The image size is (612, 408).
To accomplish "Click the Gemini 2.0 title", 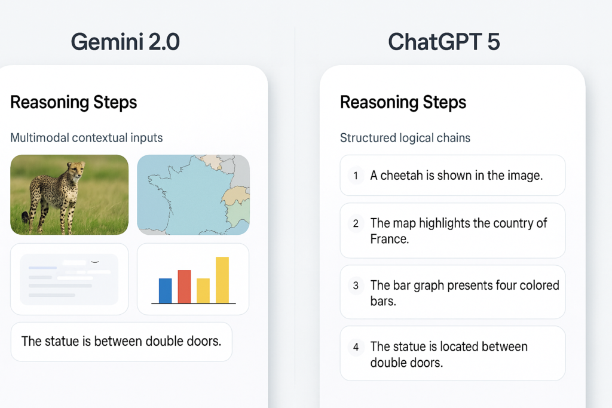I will (125, 41).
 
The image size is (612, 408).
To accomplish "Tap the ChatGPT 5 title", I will (443, 41).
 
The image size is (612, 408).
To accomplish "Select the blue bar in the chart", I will (165, 290).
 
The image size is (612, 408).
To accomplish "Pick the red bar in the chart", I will (184, 287).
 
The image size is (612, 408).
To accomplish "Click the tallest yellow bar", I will (222, 280).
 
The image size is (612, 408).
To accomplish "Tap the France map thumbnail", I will (193, 195).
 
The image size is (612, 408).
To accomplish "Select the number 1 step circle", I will (356, 176).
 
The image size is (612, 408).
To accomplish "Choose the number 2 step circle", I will (356, 223).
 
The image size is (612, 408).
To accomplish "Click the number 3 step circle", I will (356, 286).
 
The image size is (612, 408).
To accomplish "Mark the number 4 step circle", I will (356, 346).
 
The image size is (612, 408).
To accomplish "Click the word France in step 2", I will (390, 239).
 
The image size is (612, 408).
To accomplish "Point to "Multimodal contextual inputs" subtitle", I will (87, 138).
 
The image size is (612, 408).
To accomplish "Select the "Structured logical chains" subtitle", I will (405, 138).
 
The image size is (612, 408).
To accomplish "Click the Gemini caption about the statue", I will (121, 342).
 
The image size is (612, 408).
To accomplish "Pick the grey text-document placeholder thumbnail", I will (69, 279).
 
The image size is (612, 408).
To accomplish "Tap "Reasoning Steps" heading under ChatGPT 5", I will (403, 102).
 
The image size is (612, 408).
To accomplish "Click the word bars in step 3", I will (383, 301).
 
